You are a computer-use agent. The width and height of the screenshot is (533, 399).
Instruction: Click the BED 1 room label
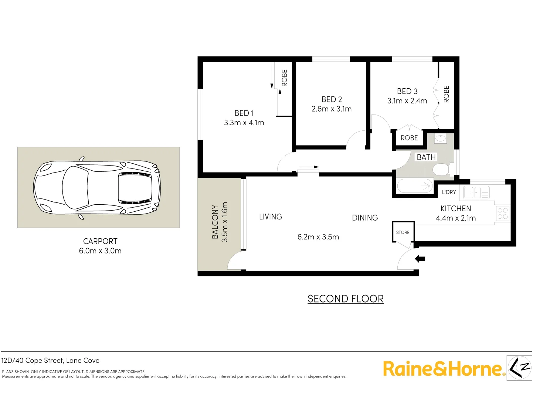[244, 113]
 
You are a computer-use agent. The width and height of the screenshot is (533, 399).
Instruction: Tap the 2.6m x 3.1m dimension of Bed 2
[332, 109]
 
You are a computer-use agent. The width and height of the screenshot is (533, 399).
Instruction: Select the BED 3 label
[407, 91]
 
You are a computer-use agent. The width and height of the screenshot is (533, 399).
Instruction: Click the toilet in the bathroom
[441, 170]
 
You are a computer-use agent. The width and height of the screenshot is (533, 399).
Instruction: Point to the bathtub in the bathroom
[415, 186]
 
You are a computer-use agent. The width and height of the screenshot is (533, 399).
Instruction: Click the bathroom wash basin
[440, 139]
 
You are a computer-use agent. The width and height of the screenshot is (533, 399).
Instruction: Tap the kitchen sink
[476, 192]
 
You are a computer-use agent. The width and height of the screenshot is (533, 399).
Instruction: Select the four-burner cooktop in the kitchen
[502, 214]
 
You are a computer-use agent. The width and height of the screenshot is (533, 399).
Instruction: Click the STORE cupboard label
[403, 232]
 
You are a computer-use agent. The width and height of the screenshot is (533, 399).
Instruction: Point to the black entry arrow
[420, 259]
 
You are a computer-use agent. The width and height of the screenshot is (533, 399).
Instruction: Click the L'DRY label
[449, 192]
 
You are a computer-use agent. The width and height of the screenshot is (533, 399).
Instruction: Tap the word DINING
[365, 218]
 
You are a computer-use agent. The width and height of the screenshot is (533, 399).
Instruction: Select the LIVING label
[271, 217]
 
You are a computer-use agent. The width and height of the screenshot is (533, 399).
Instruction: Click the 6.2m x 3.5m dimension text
[318, 237]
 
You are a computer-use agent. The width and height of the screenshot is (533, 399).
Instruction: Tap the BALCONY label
[215, 222]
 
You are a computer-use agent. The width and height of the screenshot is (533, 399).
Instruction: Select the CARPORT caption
[100, 241]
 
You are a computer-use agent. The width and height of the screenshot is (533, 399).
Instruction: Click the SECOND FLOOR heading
[345, 299]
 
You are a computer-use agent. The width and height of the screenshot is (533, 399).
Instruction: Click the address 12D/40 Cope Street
[50, 361]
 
